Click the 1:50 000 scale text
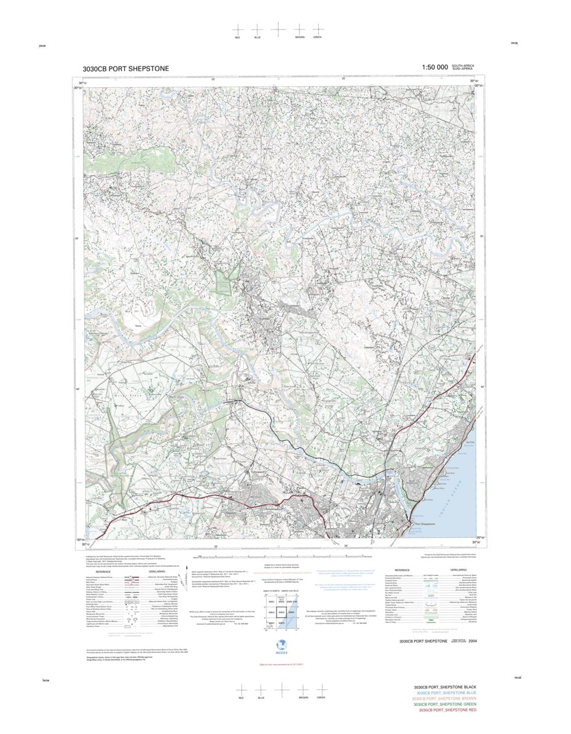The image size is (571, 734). tap(435, 68)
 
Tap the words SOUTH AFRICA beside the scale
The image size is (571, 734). tap(463, 66)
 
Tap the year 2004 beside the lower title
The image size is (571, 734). tap(472, 641)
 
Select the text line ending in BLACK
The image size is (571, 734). tap(445, 687)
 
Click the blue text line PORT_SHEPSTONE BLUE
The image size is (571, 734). tap(445, 693)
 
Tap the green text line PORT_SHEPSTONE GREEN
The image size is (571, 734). tap(445, 704)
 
